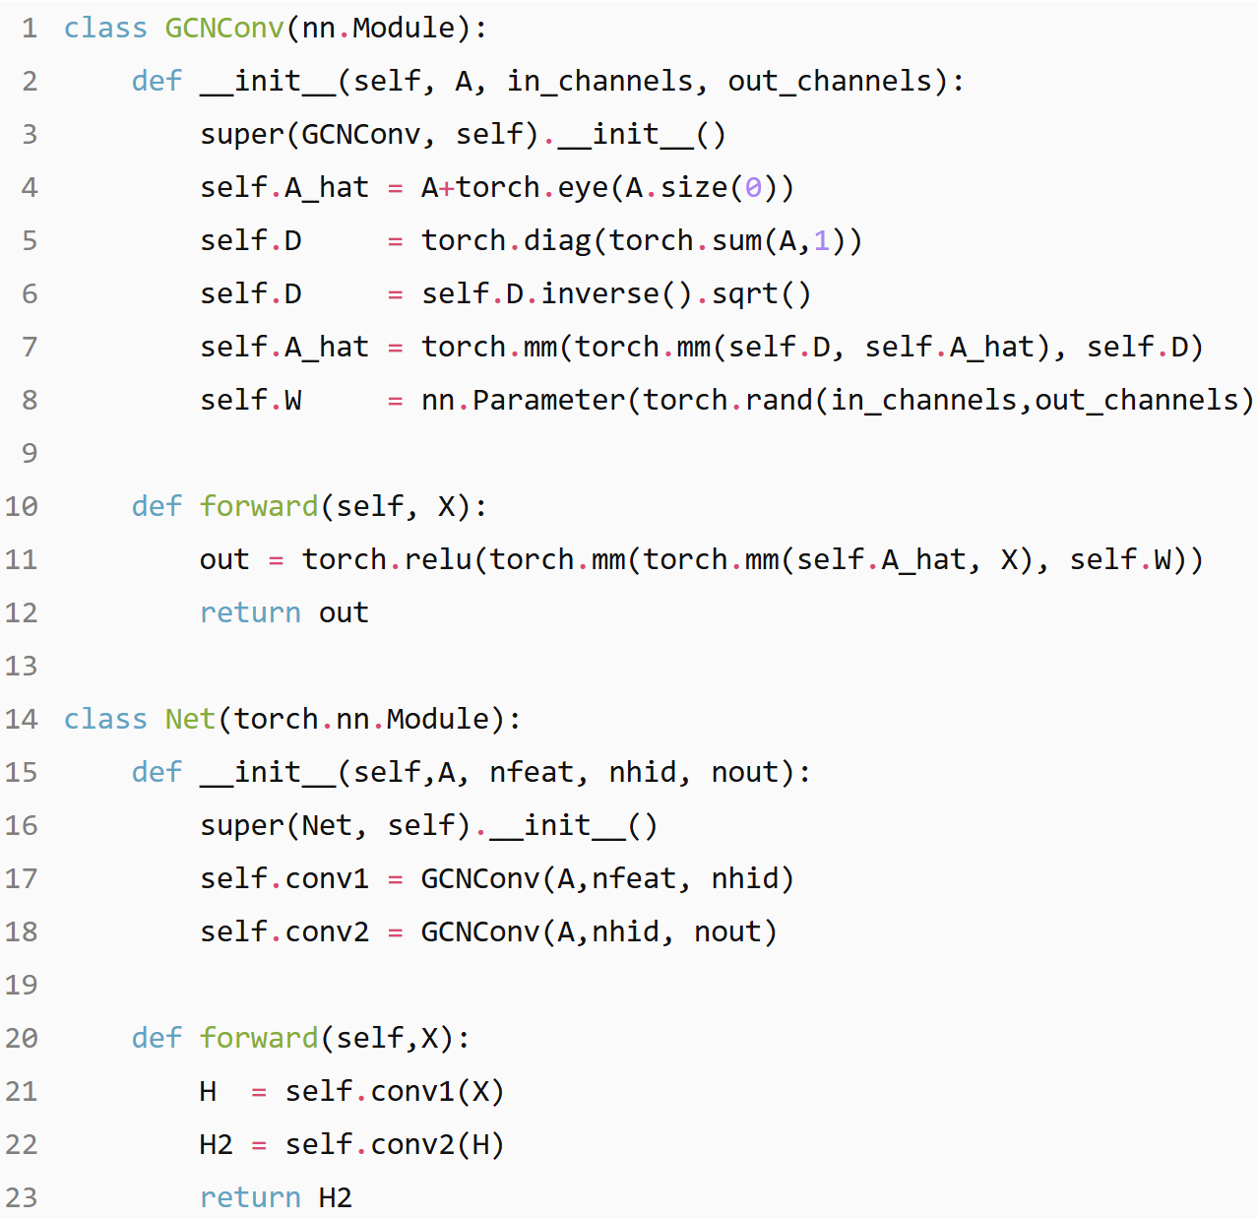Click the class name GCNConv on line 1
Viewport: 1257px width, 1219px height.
(223, 28)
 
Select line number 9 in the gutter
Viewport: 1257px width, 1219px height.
(30, 453)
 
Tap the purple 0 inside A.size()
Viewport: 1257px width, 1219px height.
(753, 187)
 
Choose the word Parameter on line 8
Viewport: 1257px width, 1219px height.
(548, 400)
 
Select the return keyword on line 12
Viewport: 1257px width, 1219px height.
(250, 612)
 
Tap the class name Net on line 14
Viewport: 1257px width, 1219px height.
(190, 719)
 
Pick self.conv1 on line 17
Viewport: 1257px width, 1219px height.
(284, 878)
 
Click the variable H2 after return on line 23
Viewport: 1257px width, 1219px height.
(336, 1197)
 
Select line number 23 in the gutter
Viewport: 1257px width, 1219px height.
(22, 1197)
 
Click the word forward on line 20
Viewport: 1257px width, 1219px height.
(259, 1038)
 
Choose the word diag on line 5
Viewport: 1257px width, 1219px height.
(557, 240)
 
